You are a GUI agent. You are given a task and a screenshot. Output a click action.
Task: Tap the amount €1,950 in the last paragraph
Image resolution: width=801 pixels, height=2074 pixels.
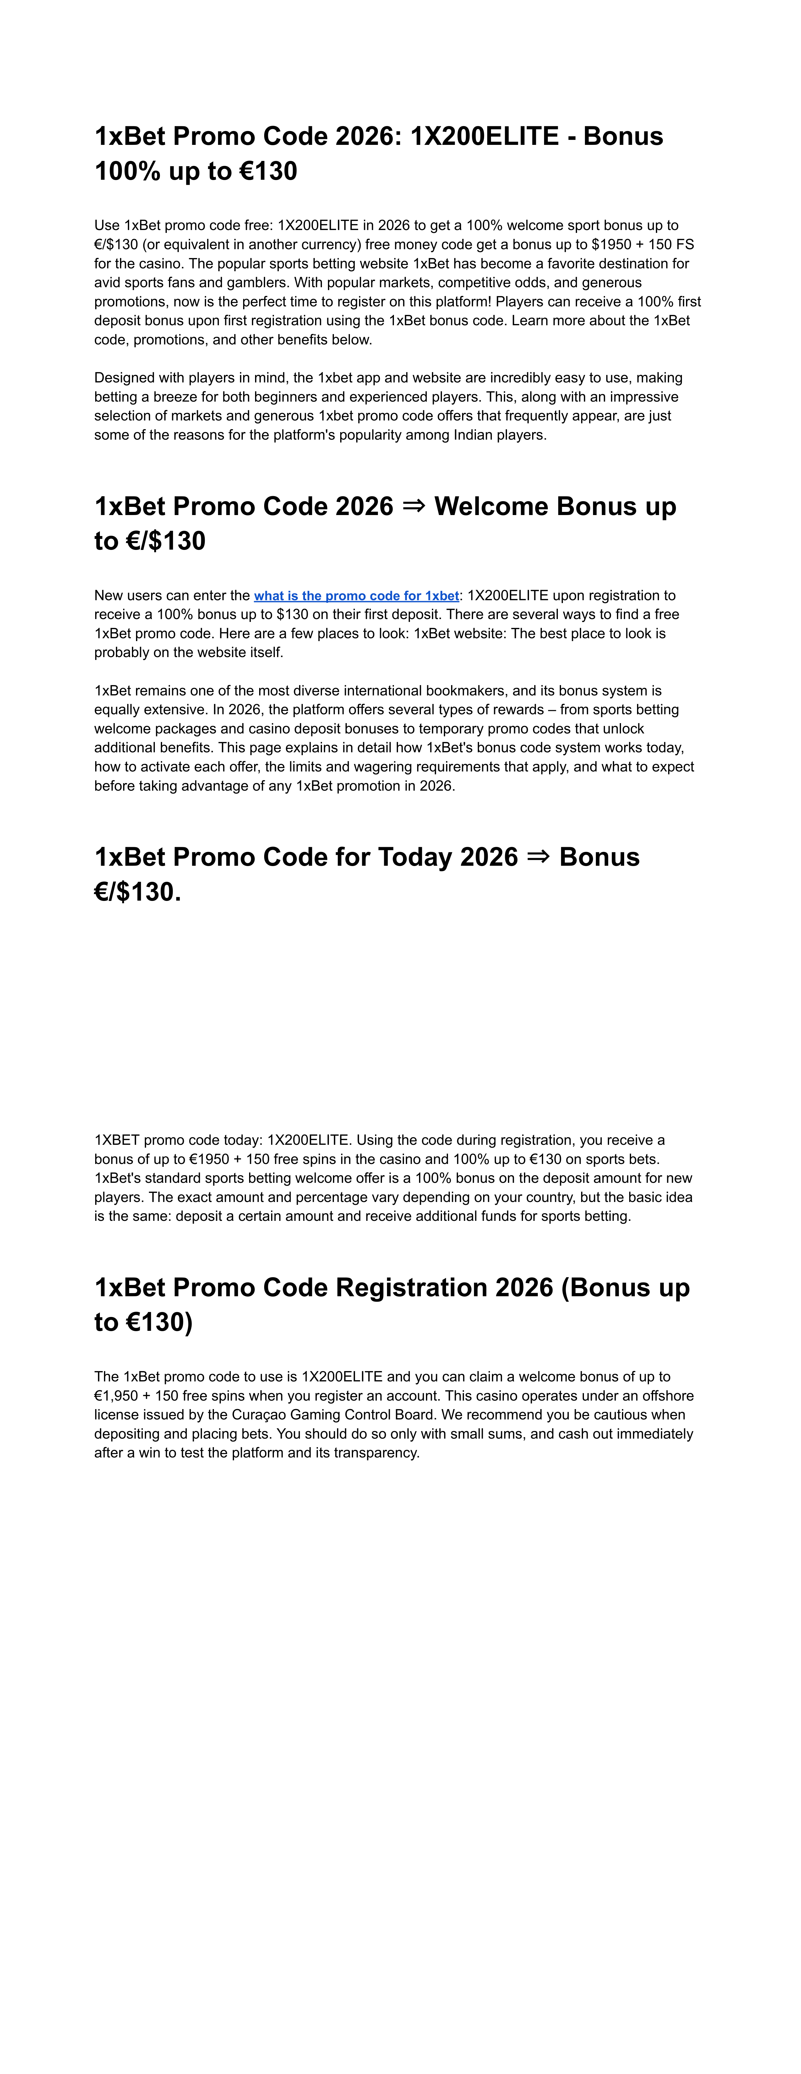116,1395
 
